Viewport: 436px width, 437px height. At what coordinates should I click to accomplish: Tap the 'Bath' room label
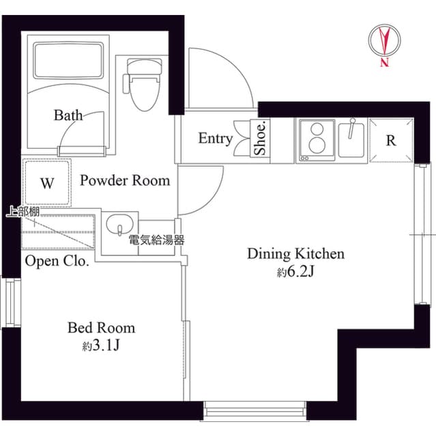(x=68, y=115)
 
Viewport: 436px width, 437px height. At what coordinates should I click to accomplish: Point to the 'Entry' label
(x=215, y=139)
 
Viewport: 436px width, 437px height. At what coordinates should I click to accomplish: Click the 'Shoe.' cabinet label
(x=261, y=139)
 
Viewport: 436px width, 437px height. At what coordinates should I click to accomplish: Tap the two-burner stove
(x=316, y=139)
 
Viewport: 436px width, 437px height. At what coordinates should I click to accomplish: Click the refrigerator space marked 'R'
(x=391, y=141)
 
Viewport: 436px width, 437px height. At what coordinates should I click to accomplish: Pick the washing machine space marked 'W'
(x=47, y=182)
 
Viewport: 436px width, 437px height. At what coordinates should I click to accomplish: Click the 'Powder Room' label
(x=125, y=181)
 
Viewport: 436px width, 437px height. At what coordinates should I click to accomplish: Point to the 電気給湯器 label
(x=156, y=240)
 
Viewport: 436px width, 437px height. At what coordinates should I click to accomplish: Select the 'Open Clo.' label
(x=57, y=261)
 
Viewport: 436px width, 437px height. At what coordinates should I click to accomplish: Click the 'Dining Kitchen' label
(x=295, y=255)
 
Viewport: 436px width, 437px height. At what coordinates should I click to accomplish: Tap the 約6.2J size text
(x=295, y=272)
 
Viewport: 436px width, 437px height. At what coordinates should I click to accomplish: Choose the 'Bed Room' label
(x=101, y=328)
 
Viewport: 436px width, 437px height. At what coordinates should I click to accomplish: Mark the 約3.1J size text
(x=101, y=346)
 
